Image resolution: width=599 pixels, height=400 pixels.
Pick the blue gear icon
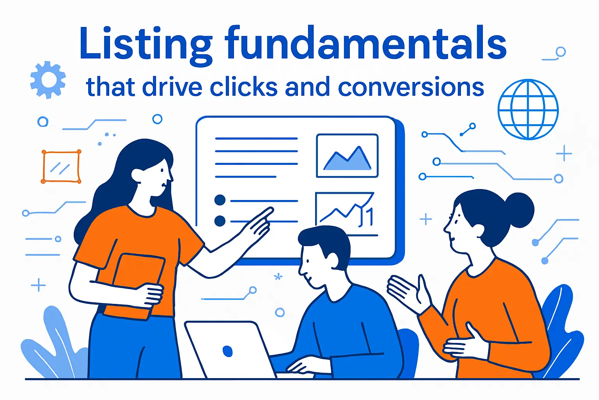(x=48, y=80)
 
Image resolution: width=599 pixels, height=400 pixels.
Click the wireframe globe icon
(x=528, y=109)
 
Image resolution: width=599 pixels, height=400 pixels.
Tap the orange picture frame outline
(x=61, y=166)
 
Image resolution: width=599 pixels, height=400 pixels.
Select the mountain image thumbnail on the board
(x=347, y=155)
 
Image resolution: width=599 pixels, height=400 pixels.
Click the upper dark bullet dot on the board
(x=220, y=200)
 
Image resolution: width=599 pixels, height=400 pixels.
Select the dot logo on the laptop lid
(x=227, y=350)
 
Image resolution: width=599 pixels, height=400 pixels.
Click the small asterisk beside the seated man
(x=278, y=277)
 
